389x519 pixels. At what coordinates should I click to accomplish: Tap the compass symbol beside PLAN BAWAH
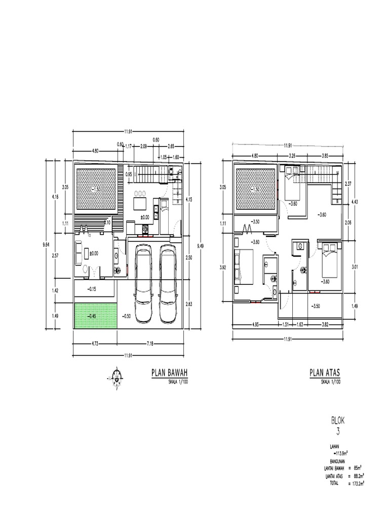coord(118,376)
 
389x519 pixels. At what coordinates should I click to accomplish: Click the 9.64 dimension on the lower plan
coord(46,244)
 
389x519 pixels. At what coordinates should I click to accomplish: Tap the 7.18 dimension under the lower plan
coord(149,344)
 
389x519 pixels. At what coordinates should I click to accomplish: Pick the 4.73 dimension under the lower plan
coord(95,344)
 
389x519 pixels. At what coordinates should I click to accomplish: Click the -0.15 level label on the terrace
coord(92,289)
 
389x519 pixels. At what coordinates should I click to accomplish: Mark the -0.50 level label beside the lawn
coord(127,316)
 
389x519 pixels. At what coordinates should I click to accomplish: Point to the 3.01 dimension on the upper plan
coord(354,264)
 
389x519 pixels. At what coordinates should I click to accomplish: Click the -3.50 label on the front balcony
coord(315,306)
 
